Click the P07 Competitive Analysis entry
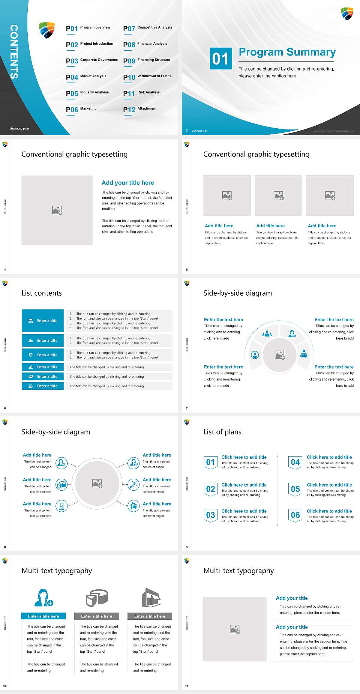click(x=148, y=28)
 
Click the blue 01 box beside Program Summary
click(x=220, y=59)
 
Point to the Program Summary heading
click(x=287, y=52)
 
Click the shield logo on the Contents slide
click(x=47, y=30)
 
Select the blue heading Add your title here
click(x=127, y=183)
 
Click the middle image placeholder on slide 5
click(x=278, y=195)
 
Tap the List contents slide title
click(x=42, y=293)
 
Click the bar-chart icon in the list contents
click(x=31, y=367)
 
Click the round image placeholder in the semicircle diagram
click(x=279, y=355)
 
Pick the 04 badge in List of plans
click(x=295, y=462)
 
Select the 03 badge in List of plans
click(x=210, y=515)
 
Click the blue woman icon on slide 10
click(x=43, y=598)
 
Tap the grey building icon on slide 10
click(x=151, y=598)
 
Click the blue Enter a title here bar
click(x=43, y=616)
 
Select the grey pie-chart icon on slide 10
click(x=97, y=598)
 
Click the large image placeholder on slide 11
click(x=235, y=629)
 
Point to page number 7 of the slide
click(x=186, y=408)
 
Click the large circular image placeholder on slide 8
click(x=97, y=483)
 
